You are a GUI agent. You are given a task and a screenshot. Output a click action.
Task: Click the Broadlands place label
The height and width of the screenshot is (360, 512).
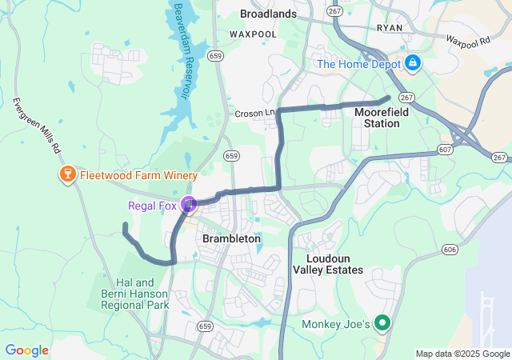pos(268,14)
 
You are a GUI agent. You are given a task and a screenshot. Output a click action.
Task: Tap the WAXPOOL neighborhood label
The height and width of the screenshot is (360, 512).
pos(253,35)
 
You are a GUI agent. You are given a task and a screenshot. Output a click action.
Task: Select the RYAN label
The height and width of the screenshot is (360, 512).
pos(389,26)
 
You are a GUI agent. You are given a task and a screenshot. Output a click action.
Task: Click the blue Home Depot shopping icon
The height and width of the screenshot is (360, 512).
pos(413,62)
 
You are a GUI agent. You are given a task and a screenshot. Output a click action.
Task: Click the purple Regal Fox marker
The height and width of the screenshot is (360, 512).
pos(189,206)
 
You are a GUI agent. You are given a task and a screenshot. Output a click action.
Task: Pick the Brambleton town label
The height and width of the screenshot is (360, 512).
pos(231,238)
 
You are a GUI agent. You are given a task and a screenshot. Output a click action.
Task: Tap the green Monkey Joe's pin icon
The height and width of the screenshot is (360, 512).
pos(382,324)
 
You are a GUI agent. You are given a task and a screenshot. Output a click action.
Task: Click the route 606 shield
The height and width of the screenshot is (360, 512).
pos(449,250)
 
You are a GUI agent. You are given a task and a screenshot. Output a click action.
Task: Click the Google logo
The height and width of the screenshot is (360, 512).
pos(26,350)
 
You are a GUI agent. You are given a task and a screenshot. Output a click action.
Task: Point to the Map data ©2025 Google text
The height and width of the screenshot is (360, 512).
pos(462,354)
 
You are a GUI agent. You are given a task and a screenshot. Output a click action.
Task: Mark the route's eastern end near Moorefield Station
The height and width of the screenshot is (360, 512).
pos(388,98)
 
